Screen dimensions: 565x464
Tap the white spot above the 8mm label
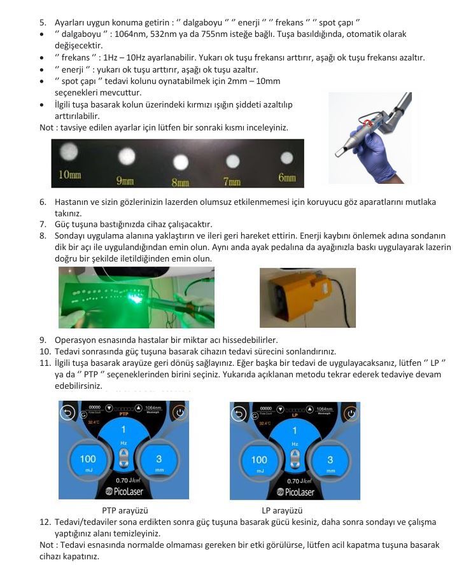[x=180, y=162]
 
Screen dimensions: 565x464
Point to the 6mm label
[x=287, y=178]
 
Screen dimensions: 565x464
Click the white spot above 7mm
[x=233, y=161]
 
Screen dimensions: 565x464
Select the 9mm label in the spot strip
[x=125, y=181]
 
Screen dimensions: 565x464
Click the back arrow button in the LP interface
[x=241, y=414]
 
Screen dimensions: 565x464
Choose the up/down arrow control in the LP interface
[x=295, y=458]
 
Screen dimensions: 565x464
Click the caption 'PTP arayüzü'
[x=125, y=510]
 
